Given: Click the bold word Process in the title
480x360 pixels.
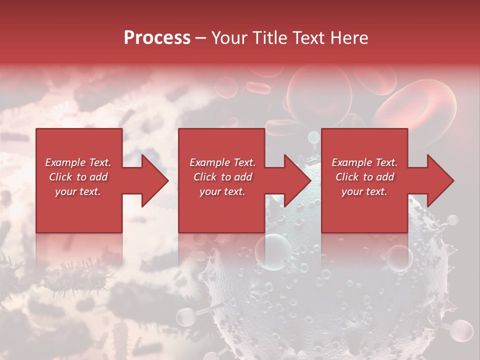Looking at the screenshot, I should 157,38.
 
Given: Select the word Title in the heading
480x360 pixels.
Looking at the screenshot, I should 269,38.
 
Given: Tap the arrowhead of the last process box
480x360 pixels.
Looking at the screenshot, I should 439,180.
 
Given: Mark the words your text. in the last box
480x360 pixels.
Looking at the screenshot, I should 364,191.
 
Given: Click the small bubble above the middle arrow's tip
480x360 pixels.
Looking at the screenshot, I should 313,136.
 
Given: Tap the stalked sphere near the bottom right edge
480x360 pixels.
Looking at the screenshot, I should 462,330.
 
